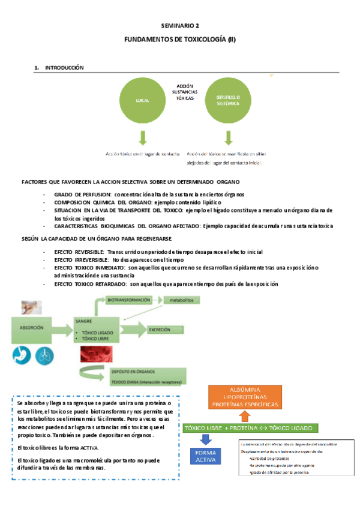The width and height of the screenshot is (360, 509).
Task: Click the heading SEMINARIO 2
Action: click(x=180, y=26)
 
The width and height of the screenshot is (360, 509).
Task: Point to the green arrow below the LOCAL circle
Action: click(x=143, y=138)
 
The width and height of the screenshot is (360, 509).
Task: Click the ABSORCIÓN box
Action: click(x=35, y=329)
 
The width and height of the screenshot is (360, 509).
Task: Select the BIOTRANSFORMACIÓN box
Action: click(x=130, y=298)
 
